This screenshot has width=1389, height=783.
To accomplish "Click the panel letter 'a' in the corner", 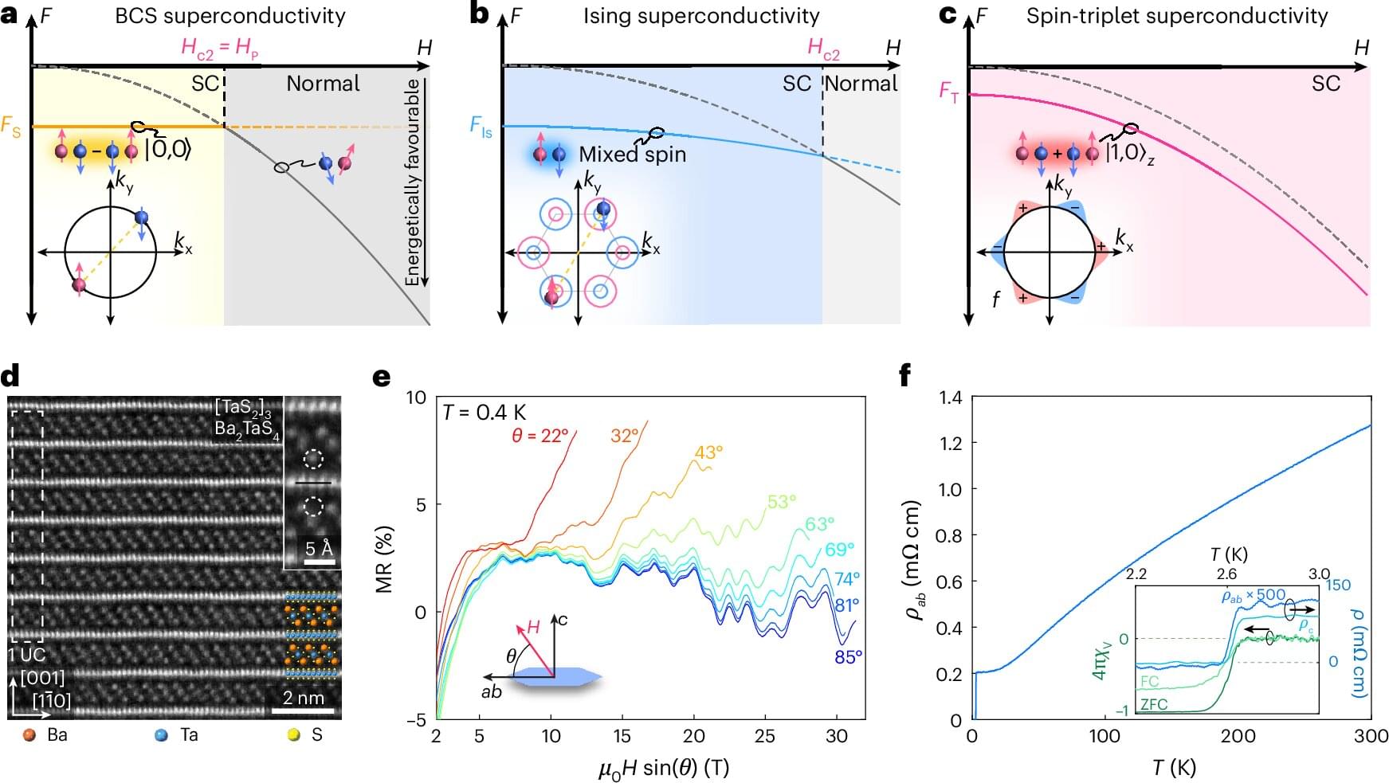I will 10,14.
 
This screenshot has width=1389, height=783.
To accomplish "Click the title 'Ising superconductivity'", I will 701,16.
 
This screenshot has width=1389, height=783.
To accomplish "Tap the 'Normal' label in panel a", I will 323,84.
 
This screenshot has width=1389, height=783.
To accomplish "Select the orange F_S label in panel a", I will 11,126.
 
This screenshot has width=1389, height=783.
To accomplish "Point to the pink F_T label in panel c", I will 948,92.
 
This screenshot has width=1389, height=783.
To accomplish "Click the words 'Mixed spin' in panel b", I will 632,154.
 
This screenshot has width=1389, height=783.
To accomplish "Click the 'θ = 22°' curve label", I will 540,436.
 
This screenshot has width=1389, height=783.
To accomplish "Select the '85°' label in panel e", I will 848,657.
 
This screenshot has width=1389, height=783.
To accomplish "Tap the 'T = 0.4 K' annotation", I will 485,412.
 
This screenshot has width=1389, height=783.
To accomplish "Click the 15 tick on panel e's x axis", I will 622,736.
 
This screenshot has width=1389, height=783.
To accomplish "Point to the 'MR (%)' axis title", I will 385,558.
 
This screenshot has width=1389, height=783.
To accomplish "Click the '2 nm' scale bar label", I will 304,698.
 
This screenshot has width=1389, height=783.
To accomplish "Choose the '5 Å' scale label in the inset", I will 319,548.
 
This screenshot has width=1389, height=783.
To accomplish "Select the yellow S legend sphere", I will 293,735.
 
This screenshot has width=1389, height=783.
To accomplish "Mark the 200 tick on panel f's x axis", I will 1238,736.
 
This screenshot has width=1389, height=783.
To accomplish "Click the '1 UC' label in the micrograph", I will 27,655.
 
